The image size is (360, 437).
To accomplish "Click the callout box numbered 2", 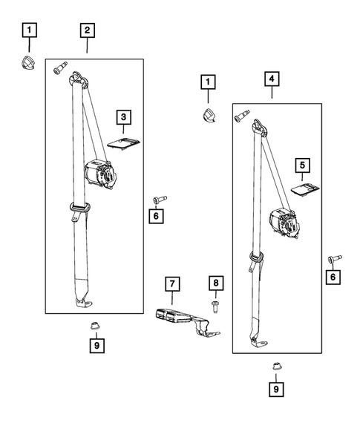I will coord(87,30).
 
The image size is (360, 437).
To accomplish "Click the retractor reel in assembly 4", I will coord(284,222).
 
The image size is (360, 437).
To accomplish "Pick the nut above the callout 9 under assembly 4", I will coord(276,366).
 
